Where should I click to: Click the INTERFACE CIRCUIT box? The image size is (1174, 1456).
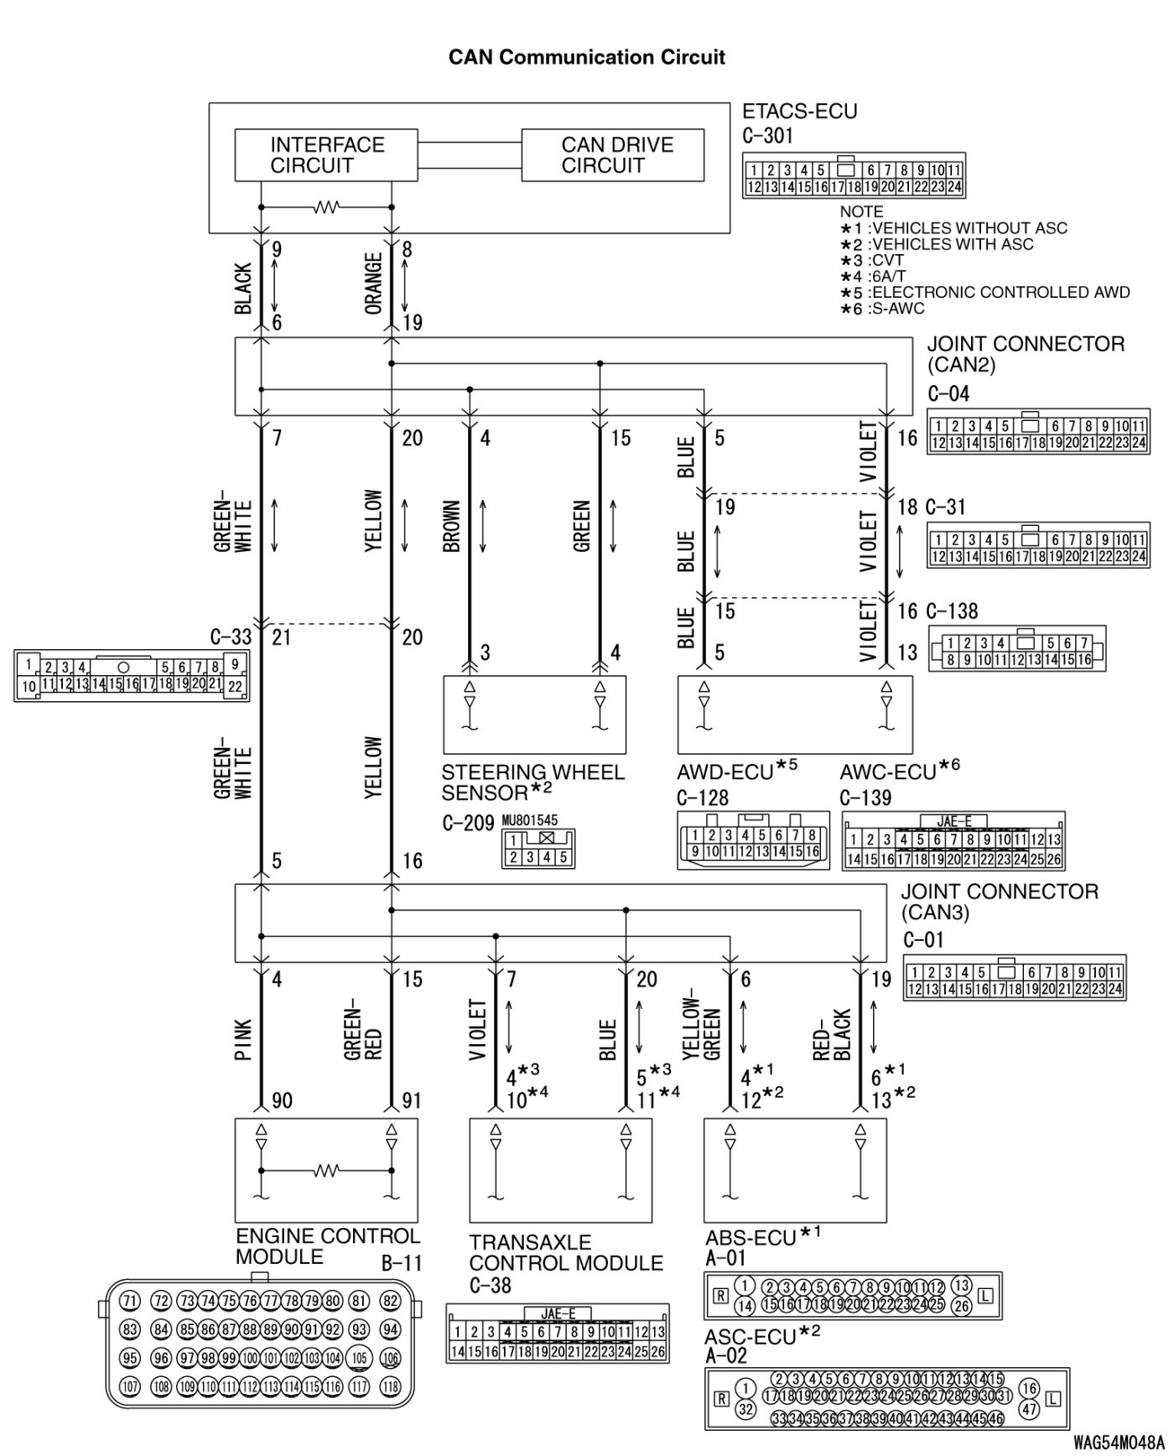coord(326,154)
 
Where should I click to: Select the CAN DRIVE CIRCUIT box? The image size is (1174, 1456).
coord(612,154)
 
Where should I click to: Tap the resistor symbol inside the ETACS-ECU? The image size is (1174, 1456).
coord(326,206)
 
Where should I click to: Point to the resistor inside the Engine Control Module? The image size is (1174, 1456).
coord(326,1169)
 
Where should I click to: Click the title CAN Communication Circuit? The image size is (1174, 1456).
coord(586,57)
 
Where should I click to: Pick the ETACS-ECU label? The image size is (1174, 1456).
coord(799,112)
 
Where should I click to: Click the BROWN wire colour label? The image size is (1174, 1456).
coord(452,527)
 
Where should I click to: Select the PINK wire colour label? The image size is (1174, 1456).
coord(243,1040)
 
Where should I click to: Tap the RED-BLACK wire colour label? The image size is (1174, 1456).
coord(833,1034)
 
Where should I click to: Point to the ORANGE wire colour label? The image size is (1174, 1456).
coord(374,283)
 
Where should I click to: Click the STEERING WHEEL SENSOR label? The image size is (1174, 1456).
coord(532,782)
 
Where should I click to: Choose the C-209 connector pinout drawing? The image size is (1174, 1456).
coord(538,848)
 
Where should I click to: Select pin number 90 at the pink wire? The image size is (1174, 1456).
coord(282,1100)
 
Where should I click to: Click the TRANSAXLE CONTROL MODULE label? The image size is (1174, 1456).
coord(565,1252)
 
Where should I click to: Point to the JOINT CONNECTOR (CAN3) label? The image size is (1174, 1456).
coord(999,901)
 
